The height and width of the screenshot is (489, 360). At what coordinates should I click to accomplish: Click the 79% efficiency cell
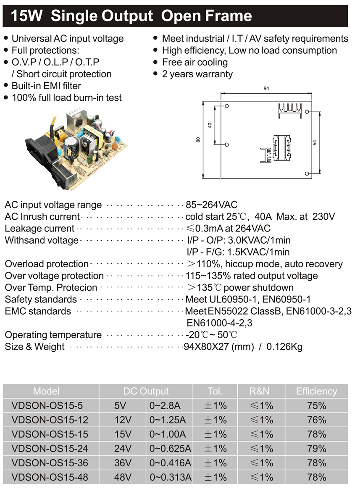316,448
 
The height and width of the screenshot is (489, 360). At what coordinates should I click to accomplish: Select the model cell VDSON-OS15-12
50,420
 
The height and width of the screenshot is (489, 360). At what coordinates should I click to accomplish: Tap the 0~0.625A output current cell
170,448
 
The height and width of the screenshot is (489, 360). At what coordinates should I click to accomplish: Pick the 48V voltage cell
123,477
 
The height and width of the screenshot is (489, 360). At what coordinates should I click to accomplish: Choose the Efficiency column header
316,391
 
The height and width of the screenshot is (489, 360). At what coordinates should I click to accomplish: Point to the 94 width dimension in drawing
266,88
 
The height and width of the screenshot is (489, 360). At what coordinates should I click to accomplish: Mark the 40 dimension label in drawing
210,125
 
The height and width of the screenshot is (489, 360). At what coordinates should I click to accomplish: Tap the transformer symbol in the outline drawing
281,147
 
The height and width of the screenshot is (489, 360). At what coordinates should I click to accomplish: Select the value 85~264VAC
211,205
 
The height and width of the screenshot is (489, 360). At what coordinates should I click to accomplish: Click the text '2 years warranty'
197,74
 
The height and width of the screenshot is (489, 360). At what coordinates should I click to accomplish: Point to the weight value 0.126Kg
284,347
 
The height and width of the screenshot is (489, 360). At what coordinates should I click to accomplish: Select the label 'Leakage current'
39,229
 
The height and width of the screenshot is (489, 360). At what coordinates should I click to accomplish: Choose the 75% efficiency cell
316,405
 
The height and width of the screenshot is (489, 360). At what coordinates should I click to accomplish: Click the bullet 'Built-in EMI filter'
46,86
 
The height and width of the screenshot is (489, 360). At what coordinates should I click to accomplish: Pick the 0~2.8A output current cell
165,405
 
